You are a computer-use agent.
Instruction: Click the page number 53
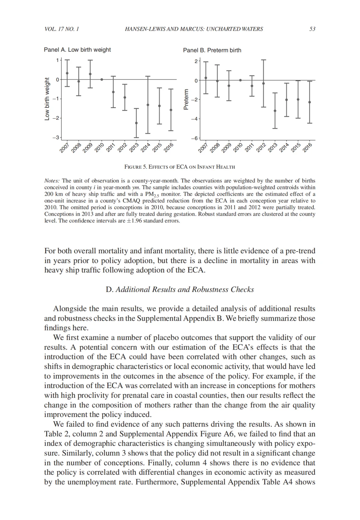point(312,29)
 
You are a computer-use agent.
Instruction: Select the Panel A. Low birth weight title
point(77,50)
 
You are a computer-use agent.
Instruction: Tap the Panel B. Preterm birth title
point(212,50)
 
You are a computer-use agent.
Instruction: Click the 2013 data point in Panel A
point(136,123)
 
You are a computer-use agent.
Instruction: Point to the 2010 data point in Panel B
point(240,80)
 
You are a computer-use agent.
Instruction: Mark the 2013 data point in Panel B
point(275,111)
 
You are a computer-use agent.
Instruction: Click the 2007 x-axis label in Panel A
point(64,147)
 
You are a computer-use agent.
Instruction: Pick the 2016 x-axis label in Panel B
point(307,147)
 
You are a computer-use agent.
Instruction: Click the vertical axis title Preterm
point(186,99)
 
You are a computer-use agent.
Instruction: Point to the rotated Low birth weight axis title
point(47,99)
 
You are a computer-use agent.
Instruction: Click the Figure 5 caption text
point(180,167)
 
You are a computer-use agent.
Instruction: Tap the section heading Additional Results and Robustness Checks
point(180,289)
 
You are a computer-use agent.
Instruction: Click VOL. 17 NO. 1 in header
point(62,29)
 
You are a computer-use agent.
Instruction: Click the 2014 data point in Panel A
point(148,105)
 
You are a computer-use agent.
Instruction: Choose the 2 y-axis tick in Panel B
point(196,61)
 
